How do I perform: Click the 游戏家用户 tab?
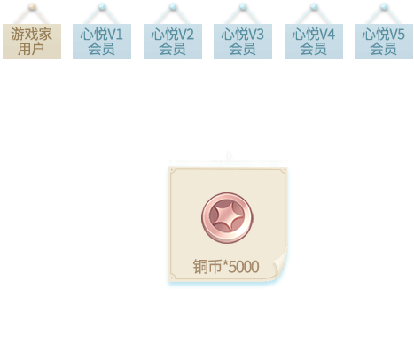[32, 42]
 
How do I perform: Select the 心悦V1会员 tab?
[102, 42]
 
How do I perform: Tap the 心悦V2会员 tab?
[173, 42]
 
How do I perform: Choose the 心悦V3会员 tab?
[243, 42]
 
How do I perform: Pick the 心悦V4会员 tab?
[314, 42]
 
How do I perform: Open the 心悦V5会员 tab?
[384, 42]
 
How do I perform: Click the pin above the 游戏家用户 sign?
[33, 7]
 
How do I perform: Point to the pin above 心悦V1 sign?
[102, 7]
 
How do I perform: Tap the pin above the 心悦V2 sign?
[173, 7]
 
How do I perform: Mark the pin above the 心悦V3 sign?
[243, 7]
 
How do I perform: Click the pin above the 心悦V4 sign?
[314, 7]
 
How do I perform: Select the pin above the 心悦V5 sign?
[384, 7]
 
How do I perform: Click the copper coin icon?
[227, 218]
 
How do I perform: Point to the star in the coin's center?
[227, 216]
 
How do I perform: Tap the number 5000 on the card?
[244, 267]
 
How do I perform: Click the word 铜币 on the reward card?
[207, 267]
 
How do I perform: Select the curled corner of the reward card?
[279, 264]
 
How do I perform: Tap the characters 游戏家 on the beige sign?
[32, 35]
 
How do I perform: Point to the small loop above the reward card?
[229, 156]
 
